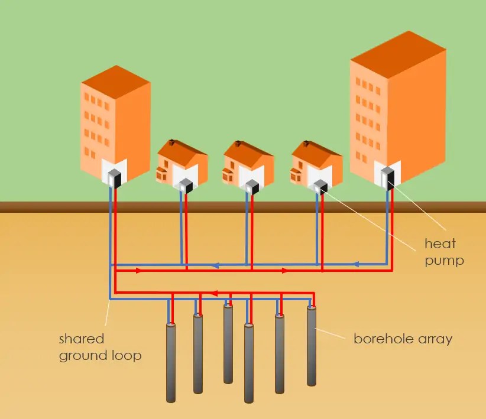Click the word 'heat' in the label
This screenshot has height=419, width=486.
[x=440, y=243]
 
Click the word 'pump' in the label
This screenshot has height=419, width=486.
[x=444, y=260]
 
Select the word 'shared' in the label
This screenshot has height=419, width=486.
[x=82, y=339]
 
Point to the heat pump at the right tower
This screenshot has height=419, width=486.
[x=388, y=176]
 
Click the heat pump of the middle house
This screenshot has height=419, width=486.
[x=251, y=187]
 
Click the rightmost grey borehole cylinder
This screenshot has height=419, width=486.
[x=312, y=346]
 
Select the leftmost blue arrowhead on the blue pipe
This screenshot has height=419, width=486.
[x=216, y=265]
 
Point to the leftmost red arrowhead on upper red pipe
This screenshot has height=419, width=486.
[x=139, y=271]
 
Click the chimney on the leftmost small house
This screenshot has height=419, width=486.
[x=171, y=142]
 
